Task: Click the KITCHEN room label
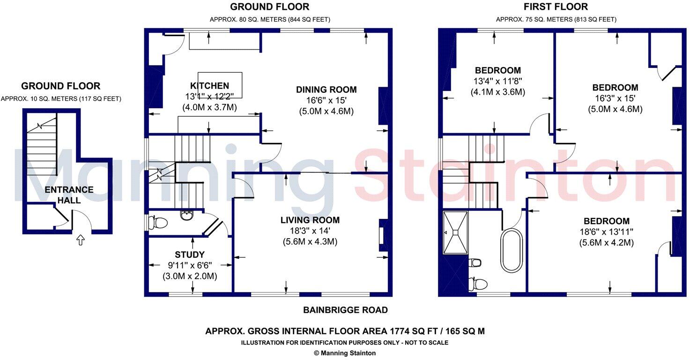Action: tap(209, 86)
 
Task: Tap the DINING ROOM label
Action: tap(326, 90)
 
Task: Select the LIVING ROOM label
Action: tap(310, 220)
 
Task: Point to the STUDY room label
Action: tap(190, 255)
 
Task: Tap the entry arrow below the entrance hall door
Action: tap(80, 240)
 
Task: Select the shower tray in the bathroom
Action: tap(455, 232)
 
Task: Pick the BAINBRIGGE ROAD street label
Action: tap(345, 310)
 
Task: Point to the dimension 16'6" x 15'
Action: tap(326, 101)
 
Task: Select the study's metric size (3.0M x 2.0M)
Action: tap(190, 277)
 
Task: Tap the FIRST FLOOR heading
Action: tap(556, 7)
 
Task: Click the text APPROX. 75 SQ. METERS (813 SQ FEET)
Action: tap(556, 20)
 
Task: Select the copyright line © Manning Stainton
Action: tap(345, 353)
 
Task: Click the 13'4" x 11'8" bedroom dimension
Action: tap(497, 82)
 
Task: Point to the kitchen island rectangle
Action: tap(220, 85)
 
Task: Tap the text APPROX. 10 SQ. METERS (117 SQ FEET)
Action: tap(61, 99)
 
